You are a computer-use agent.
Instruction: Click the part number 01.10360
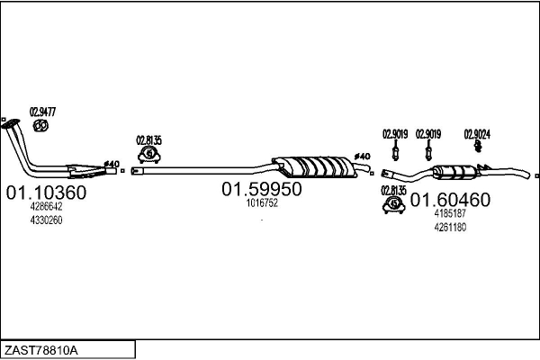click(46, 193)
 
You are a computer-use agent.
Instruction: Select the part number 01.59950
click(262, 189)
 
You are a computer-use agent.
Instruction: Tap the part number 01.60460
click(450, 200)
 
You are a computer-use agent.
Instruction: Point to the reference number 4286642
click(46, 207)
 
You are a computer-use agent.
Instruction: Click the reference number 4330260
click(46, 220)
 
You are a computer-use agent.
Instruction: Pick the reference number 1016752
click(262, 203)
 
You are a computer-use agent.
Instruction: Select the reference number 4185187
click(450, 213)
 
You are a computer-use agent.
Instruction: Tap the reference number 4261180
click(450, 228)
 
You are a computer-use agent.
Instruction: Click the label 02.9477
click(42, 112)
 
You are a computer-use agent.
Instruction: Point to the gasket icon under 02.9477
click(40, 125)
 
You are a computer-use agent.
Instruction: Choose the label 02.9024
click(477, 134)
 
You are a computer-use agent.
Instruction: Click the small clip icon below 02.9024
click(478, 146)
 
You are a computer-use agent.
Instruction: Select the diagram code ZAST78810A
click(41, 351)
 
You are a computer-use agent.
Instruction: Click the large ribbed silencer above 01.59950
click(315, 167)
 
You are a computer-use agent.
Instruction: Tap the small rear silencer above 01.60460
click(454, 172)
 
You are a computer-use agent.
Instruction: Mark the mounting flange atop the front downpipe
click(10, 123)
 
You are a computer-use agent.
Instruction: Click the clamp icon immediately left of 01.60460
click(393, 205)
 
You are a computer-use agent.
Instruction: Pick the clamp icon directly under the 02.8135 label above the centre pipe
click(149, 155)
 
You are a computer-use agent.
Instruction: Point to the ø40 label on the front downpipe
click(112, 164)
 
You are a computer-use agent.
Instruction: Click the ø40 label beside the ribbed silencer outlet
click(363, 157)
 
